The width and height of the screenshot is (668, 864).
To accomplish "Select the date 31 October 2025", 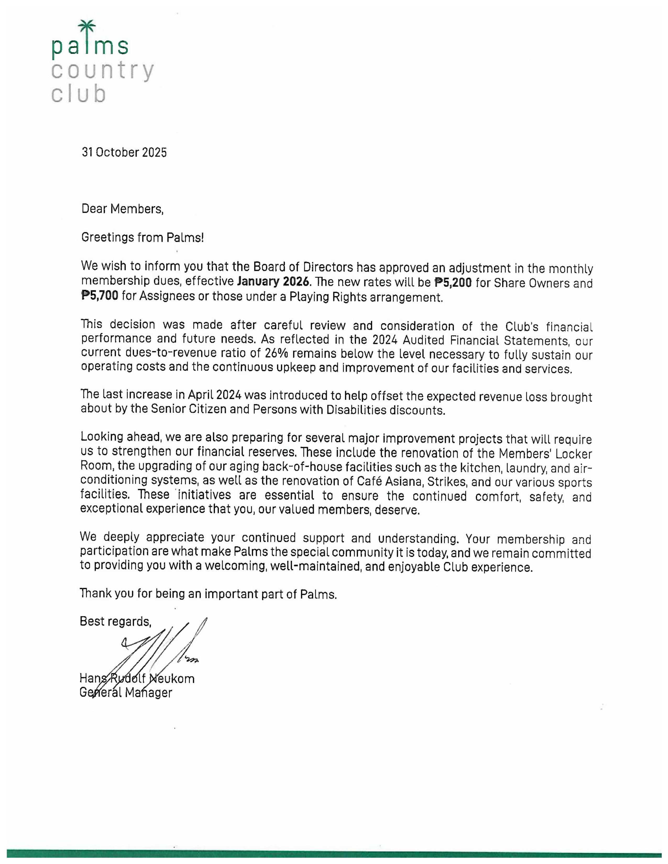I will [x=124, y=152].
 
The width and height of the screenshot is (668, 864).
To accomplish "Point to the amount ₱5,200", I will [x=453, y=283].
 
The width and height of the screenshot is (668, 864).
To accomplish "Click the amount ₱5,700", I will [x=100, y=296].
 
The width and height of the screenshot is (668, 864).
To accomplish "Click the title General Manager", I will [x=126, y=692].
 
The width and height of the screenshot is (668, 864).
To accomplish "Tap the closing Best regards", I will [x=115, y=621].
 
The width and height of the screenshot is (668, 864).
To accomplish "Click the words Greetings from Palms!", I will [x=143, y=237].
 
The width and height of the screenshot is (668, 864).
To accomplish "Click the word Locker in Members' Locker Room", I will [x=576, y=453].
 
